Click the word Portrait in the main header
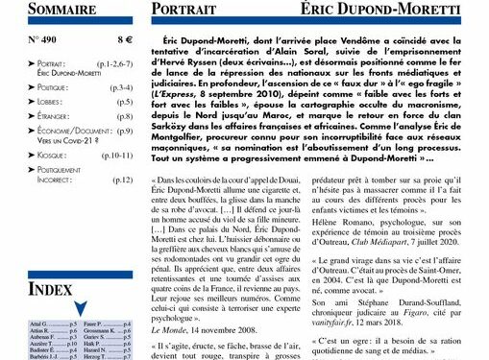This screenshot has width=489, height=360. (188, 11)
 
